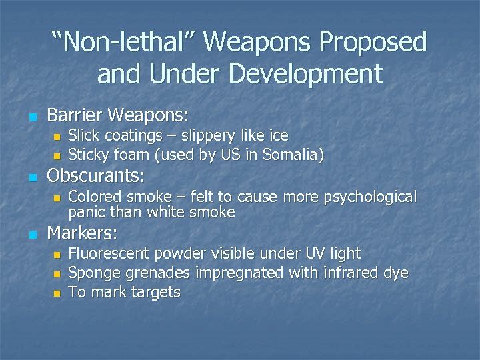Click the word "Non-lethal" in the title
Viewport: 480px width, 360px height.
[124, 42]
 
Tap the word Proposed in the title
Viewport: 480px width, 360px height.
[373, 42]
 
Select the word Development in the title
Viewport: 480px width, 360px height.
[313, 73]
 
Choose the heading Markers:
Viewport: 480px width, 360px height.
[82, 233]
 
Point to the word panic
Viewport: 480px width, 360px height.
[87, 212]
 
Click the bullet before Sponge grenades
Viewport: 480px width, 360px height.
[57, 274]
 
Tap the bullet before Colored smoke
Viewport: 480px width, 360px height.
[57, 198]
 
